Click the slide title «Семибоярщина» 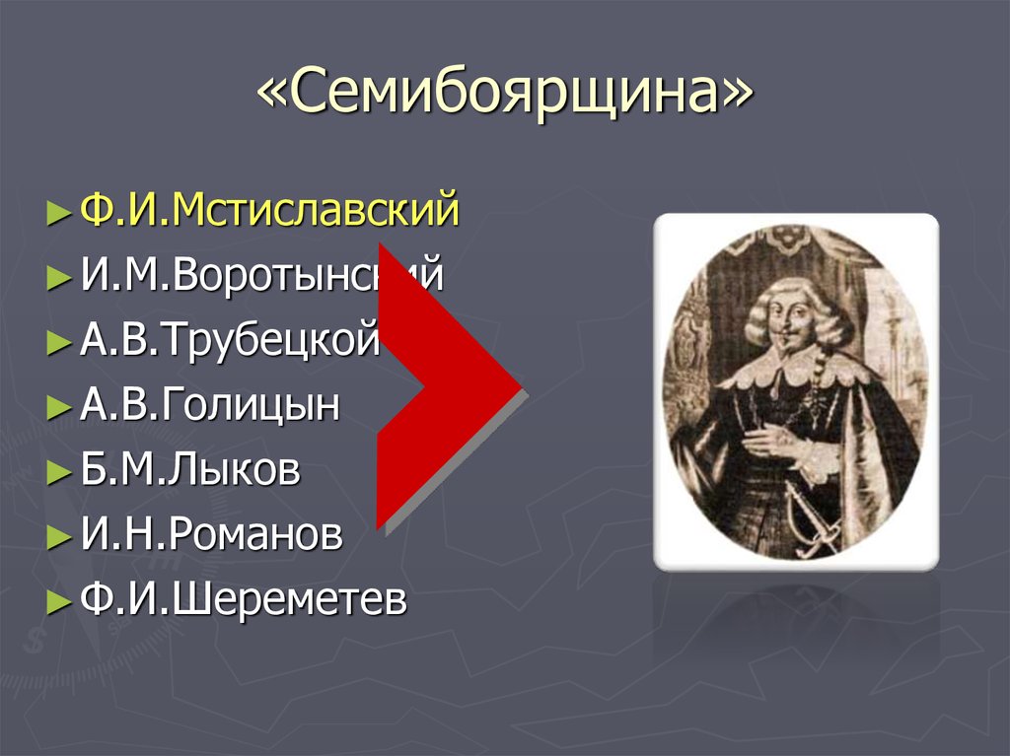coord(505,96)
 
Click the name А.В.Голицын coord(210,405)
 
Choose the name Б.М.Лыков coord(190,470)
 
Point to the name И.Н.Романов coord(211,535)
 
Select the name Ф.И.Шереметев coord(243,600)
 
